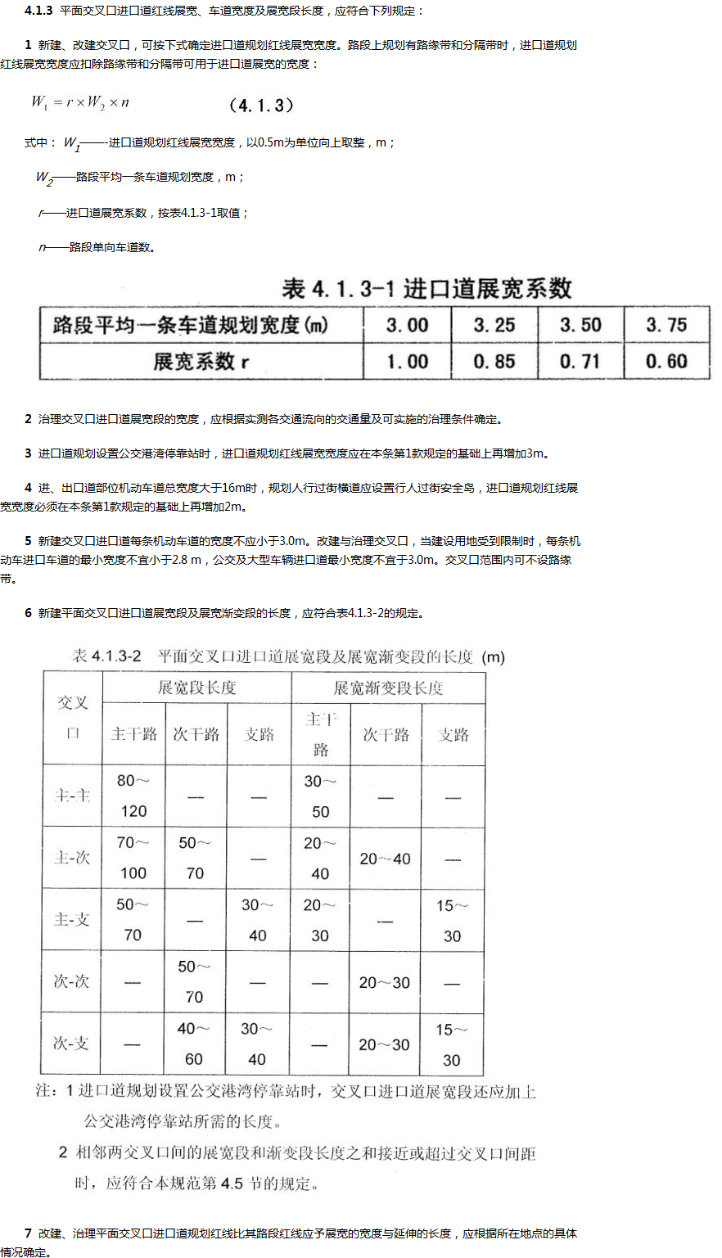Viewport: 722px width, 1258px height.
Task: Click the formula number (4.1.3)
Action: [261, 106]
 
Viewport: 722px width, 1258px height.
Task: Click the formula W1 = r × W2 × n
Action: [80, 102]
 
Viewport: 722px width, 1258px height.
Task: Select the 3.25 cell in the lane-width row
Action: [494, 326]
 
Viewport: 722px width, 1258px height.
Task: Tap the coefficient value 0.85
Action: [494, 361]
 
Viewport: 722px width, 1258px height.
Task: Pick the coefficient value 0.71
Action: [580, 361]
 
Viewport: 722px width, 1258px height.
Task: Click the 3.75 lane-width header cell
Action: [666, 326]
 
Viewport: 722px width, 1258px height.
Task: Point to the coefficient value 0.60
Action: [666, 361]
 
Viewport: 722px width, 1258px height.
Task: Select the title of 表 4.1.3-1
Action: [426, 289]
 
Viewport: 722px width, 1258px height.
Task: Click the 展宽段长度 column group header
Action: [196, 688]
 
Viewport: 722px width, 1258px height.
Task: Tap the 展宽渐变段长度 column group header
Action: [388, 688]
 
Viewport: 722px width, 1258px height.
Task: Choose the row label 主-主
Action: [72, 796]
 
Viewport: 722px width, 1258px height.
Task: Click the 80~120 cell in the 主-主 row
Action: [133, 796]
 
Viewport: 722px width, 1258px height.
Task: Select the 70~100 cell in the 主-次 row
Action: [133, 858]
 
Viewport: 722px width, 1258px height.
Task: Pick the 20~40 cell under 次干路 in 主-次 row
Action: [385, 859]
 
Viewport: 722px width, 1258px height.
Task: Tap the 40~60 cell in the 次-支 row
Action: [194, 1044]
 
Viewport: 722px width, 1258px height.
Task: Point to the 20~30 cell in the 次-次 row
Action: [384, 983]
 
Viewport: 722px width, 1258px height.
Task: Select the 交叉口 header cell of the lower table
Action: [73, 718]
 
